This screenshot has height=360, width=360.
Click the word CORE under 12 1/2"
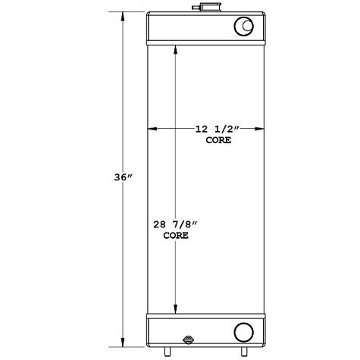tap(217, 140)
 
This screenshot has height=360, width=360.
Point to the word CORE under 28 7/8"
tap(176, 236)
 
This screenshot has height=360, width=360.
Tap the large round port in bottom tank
tap(244, 332)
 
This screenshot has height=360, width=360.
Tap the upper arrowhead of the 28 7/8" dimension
tap(177, 49)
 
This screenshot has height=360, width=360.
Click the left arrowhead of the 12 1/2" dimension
tap(152, 130)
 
